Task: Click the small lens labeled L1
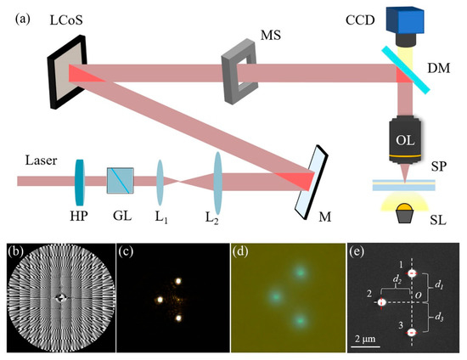(160, 180)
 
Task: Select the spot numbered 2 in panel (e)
(382, 303)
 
